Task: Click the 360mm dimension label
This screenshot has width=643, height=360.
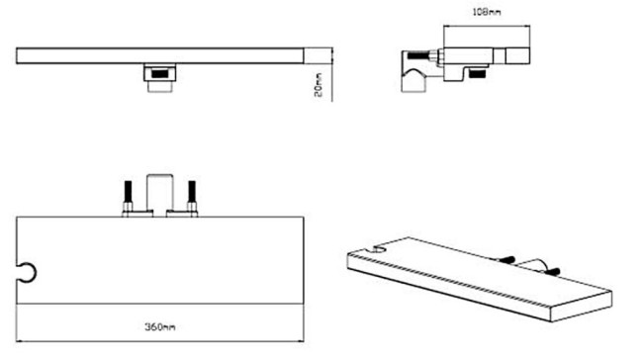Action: tap(160, 326)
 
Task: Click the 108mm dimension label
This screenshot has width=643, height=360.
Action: tap(487, 12)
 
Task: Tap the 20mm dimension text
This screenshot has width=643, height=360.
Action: tap(319, 84)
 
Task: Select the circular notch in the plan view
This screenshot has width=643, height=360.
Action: tap(29, 273)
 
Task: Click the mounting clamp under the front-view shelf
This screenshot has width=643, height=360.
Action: tap(160, 78)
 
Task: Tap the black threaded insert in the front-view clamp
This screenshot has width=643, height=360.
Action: tap(160, 74)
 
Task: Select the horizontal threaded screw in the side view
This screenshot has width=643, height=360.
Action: tap(418, 55)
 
